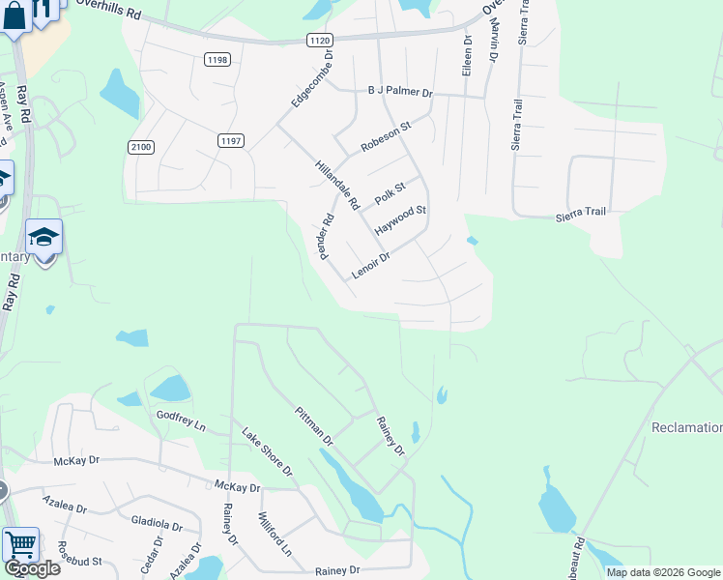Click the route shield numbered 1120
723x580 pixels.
pyautogui.click(x=320, y=40)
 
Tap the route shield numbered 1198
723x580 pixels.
pyautogui.click(x=217, y=60)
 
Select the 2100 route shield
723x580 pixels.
pyautogui.click(x=140, y=146)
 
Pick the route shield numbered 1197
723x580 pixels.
pyautogui.click(x=230, y=141)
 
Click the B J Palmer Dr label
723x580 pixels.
pyautogui.click(x=400, y=92)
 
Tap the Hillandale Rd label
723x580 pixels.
pyautogui.click(x=336, y=185)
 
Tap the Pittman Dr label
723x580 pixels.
pyautogui.click(x=314, y=426)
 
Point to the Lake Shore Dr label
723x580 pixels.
pyautogui.click(x=267, y=451)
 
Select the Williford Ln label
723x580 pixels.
pyautogui.click(x=275, y=535)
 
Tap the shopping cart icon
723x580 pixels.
pyautogui.click(x=20, y=544)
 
